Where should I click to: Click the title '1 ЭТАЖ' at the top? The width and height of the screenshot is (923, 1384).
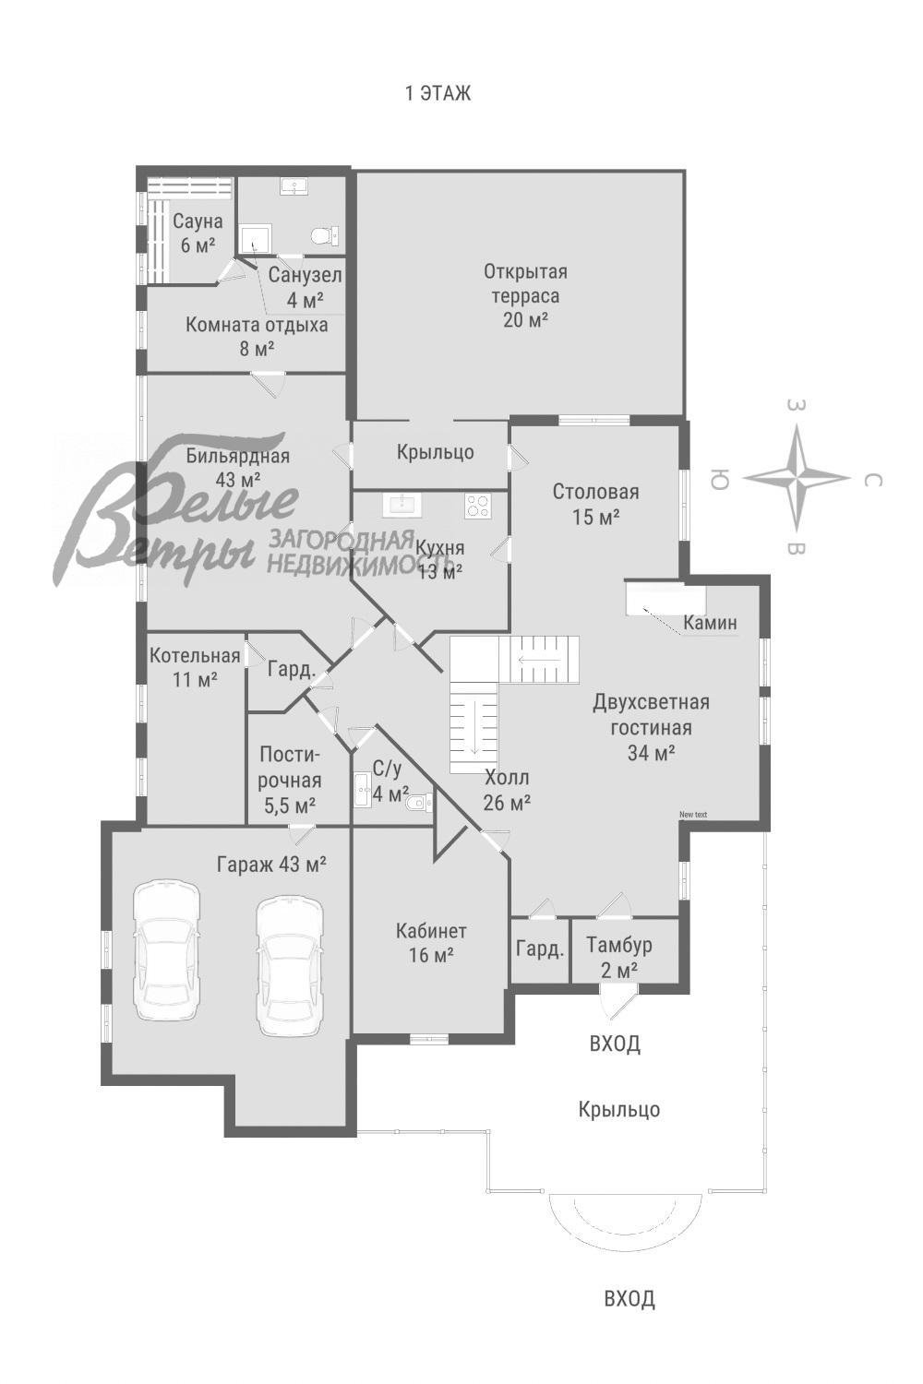(438, 93)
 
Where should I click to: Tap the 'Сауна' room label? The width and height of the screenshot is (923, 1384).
(198, 221)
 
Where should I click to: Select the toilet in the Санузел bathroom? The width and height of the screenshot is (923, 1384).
(325, 235)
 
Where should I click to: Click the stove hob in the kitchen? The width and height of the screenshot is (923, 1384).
(478, 506)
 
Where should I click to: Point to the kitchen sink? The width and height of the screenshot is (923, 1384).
(402, 505)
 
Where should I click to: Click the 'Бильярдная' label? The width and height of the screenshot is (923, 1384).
(238, 456)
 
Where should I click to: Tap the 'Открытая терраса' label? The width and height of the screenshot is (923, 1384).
(525, 283)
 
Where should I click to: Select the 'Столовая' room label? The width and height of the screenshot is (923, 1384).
(595, 492)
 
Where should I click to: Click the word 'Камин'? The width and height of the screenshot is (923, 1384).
(711, 623)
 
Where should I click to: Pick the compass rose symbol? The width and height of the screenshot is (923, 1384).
(797, 478)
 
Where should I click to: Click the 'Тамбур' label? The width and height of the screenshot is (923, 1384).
(618, 946)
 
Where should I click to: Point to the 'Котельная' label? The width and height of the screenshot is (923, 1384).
(195, 655)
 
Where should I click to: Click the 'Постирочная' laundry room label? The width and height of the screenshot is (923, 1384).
(289, 768)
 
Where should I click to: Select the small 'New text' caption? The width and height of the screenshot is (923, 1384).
(693, 815)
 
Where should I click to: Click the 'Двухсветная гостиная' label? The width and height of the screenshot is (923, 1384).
(651, 715)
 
